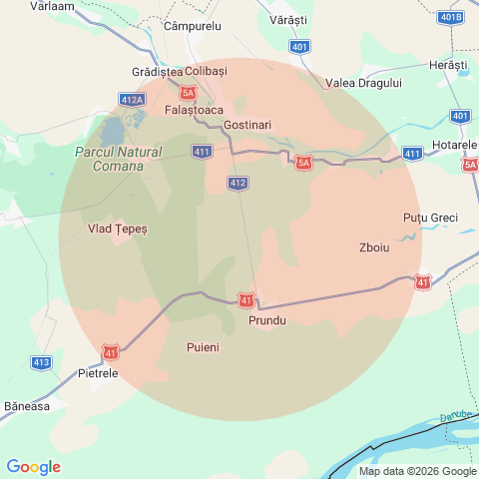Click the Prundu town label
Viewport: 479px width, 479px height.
(x=266, y=320)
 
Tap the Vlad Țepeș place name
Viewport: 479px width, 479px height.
(x=118, y=229)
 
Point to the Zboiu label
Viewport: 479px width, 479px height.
(x=373, y=247)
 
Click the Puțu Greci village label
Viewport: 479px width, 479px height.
(x=430, y=218)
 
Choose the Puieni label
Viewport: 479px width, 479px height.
(x=203, y=347)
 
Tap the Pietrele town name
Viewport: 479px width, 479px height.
(x=98, y=373)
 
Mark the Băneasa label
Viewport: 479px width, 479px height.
(x=27, y=406)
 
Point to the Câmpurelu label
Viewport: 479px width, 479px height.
(x=192, y=24)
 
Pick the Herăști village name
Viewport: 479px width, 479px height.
(x=447, y=65)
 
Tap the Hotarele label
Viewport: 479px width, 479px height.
(x=457, y=146)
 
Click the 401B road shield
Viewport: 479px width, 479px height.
(x=450, y=17)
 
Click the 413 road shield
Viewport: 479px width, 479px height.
(x=41, y=362)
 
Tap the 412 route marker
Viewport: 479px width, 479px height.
(x=238, y=183)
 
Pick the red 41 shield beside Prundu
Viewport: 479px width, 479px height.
(x=245, y=300)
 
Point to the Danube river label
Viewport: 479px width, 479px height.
(x=455, y=416)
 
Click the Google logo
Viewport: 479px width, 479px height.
(x=33, y=467)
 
